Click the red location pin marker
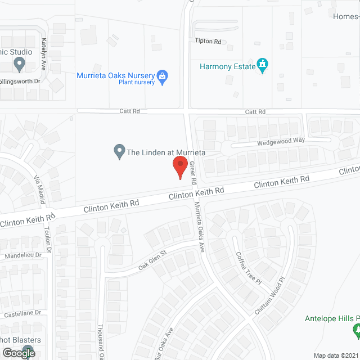pyautogui.click(x=179, y=167)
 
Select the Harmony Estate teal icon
pyautogui.click(x=262, y=66)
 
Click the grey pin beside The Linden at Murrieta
pyautogui.click(x=119, y=152)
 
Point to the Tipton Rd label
pyautogui.click(x=208, y=41)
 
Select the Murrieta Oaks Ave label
pyautogui.click(x=199, y=227)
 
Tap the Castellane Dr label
pyautogui.click(x=22, y=312)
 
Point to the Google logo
pyautogui.click(x=18, y=353)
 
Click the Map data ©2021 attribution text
pyautogui.click(x=336, y=355)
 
